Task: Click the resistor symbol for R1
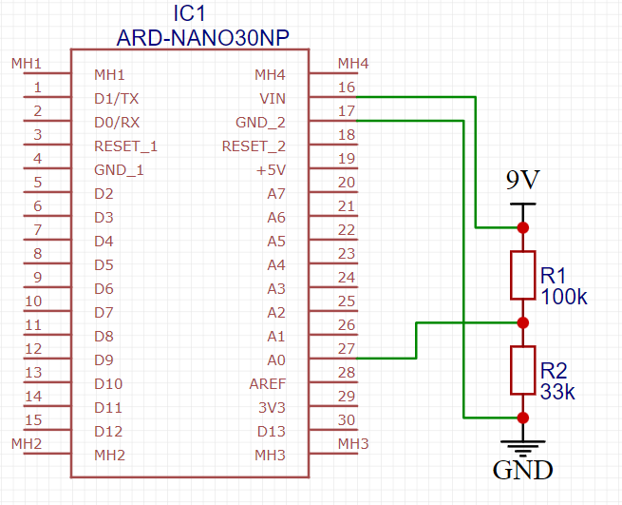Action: (x=522, y=275)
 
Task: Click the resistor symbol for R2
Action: (x=522, y=370)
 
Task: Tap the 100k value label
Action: (x=564, y=297)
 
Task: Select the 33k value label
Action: (x=558, y=392)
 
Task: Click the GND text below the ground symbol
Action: (x=522, y=470)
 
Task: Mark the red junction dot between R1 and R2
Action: (x=522, y=322)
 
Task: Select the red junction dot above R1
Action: (x=522, y=227)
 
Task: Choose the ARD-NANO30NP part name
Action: (x=202, y=38)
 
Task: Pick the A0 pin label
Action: (x=275, y=360)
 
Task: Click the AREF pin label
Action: (x=267, y=384)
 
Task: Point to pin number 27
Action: (x=347, y=348)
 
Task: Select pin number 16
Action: (x=347, y=87)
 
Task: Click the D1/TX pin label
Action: (x=117, y=99)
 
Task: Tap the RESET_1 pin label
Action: (x=125, y=146)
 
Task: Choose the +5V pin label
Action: (x=270, y=170)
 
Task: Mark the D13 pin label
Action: (x=271, y=432)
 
